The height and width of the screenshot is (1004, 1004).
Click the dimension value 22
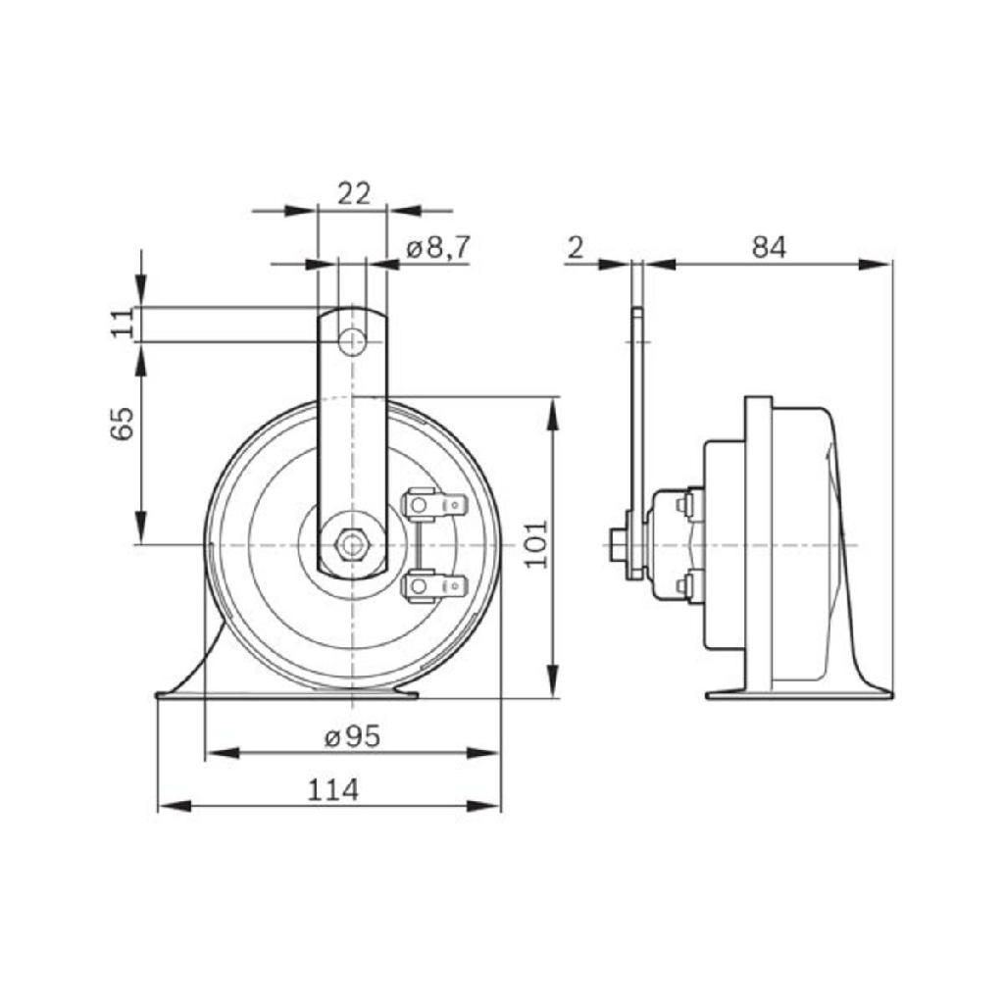coord(353,194)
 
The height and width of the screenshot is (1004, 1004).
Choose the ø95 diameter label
coord(352,737)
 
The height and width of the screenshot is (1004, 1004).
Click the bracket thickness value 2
coord(576,249)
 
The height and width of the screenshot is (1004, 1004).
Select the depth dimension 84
coord(770,249)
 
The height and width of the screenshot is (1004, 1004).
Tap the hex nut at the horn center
coord(351,542)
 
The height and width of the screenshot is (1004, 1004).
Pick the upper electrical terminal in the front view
coord(434,505)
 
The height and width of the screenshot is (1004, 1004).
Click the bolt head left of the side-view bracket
coord(618,542)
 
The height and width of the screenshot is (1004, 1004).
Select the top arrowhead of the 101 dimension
coord(553,411)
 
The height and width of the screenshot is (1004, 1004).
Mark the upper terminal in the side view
coord(686,504)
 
